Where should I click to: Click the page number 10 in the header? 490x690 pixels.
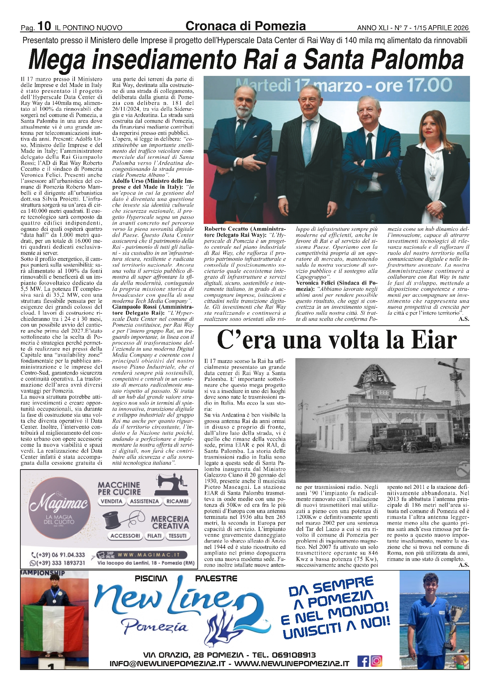44,26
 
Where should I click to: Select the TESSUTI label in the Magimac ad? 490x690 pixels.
178,536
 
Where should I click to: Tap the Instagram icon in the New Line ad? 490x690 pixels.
376,661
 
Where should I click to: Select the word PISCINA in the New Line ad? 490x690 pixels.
151,579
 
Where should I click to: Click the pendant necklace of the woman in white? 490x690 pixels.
432,178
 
